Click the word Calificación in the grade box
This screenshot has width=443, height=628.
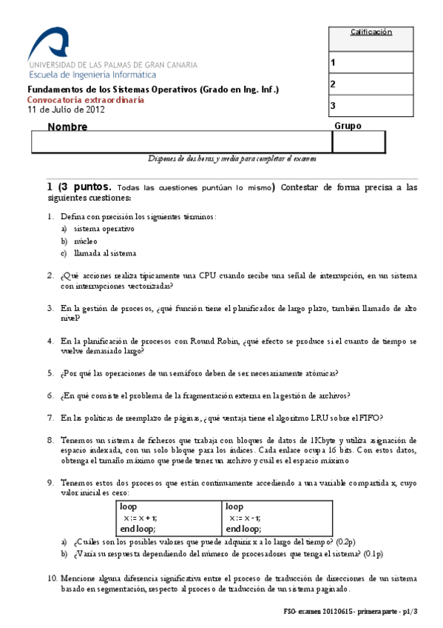click(x=371, y=32)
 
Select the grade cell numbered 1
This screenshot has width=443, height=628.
click(x=371, y=63)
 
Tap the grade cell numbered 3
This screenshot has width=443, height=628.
click(x=371, y=106)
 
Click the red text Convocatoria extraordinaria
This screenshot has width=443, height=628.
click(x=86, y=100)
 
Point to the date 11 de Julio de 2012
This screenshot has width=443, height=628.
click(x=66, y=110)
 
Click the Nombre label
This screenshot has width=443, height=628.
click(x=67, y=127)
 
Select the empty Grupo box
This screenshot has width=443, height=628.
click(x=359, y=142)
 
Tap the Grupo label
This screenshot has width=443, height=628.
click(x=348, y=126)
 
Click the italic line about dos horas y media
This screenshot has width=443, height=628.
click(x=232, y=158)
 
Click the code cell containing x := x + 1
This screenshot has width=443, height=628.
click(x=169, y=518)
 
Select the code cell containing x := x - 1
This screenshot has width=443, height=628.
click(x=273, y=518)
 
